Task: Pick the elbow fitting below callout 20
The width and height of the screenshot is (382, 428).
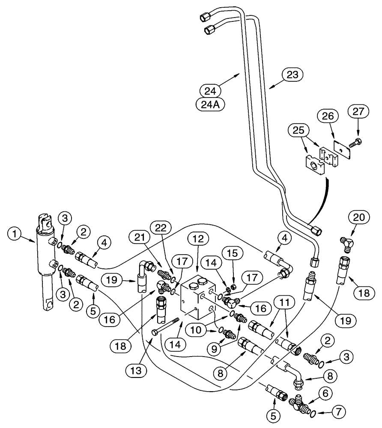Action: (346, 243)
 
